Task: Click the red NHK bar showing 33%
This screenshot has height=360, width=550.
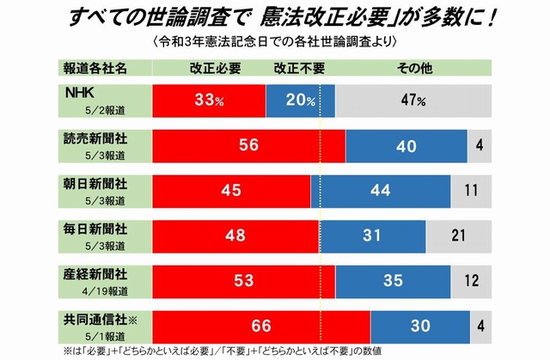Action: (x=209, y=100)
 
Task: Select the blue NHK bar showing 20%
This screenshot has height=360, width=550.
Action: (x=300, y=100)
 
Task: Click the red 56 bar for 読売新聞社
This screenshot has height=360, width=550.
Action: (x=248, y=145)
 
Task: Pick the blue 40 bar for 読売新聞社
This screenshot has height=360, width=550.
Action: (x=406, y=145)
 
